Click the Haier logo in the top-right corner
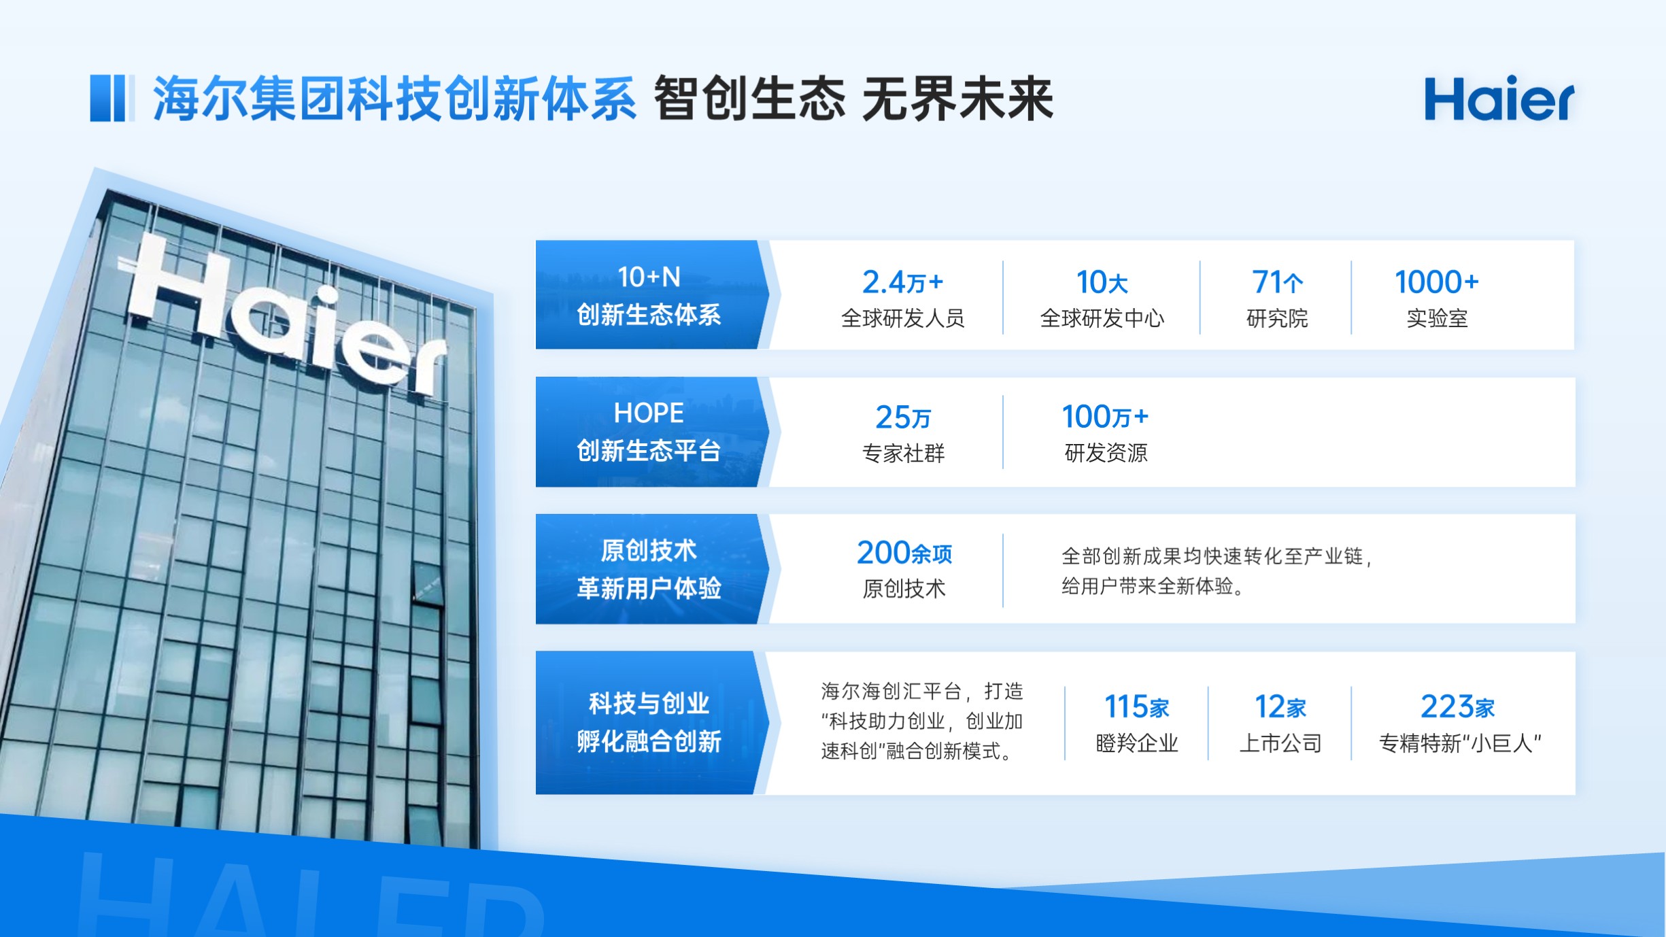click(x=1499, y=99)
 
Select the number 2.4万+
click(x=902, y=282)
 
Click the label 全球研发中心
click(x=1102, y=318)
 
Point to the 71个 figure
click(x=1277, y=282)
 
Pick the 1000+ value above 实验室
click(x=1436, y=282)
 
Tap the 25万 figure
click(x=902, y=418)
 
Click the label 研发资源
click(x=1106, y=453)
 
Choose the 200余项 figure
click(x=904, y=553)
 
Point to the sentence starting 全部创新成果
click(x=1217, y=571)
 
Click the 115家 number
click(x=1136, y=707)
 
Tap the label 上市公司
click(x=1280, y=743)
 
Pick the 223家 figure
click(x=1457, y=707)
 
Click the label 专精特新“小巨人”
click(x=1459, y=743)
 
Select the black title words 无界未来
click(x=957, y=99)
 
